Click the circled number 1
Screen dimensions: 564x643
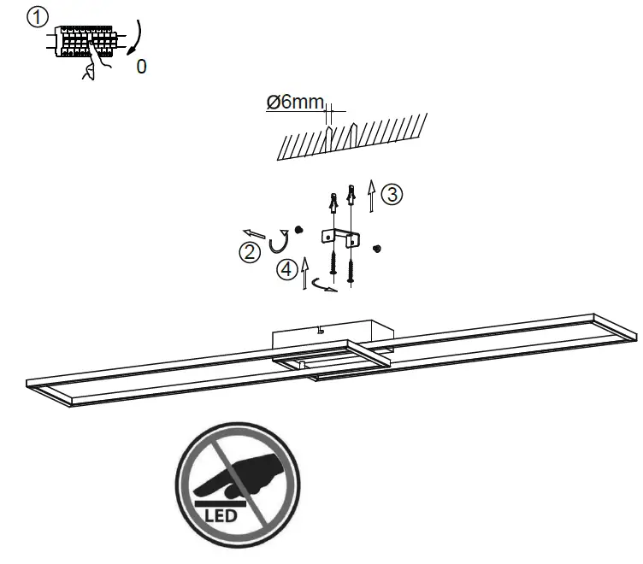(35, 18)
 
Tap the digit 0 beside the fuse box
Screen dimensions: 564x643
(141, 66)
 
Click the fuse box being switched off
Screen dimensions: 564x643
(86, 41)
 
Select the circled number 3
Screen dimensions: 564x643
(391, 194)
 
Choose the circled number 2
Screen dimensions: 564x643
(249, 252)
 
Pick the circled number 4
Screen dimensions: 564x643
(286, 270)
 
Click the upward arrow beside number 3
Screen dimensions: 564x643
(370, 196)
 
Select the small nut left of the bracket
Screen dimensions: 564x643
(299, 230)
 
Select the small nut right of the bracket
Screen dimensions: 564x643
(377, 248)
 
